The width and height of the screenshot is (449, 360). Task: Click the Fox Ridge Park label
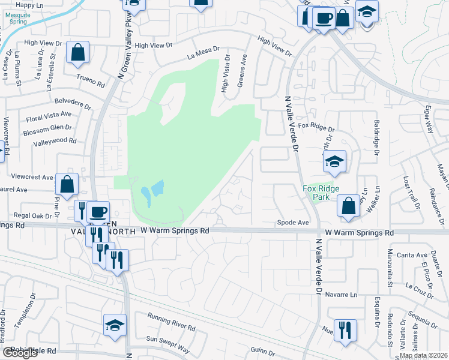click(x=321, y=193)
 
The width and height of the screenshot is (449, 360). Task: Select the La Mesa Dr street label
click(x=203, y=53)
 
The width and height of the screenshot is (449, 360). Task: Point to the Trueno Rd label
click(x=90, y=77)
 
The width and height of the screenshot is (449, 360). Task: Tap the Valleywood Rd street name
click(x=55, y=141)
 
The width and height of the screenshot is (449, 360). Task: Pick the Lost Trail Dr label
click(x=412, y=193)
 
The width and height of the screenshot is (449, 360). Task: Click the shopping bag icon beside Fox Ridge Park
click(x=349, y=206)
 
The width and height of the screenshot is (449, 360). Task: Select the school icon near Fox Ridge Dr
click(x=334, y=161)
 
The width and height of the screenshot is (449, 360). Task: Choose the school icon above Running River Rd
click(x=115, y=325)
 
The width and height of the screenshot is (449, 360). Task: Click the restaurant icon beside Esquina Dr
click(x=345, y=330)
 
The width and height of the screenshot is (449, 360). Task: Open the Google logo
click(x=20, y=353)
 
